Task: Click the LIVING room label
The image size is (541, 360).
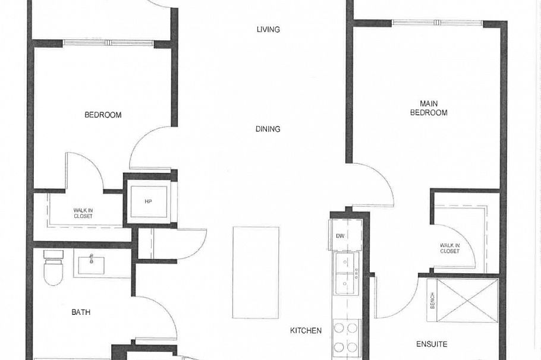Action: coord(268,30)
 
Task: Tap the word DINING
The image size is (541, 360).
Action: coord(268,129)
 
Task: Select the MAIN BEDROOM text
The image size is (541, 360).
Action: coord(429,109)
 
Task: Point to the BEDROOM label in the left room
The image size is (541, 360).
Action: coord(103,115)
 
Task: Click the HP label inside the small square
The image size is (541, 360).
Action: coord(149,201)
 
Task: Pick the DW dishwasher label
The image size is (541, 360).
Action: coord(340,236)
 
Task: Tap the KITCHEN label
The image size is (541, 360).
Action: coord(306,331)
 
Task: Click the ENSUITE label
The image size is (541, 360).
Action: coord(432,344)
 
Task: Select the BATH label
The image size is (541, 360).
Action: coord(81,312)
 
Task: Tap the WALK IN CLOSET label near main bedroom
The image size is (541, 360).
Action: coord(449,248)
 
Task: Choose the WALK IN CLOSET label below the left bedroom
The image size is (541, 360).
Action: coord(83,213)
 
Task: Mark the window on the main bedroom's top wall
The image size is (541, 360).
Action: coord(437,23)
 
